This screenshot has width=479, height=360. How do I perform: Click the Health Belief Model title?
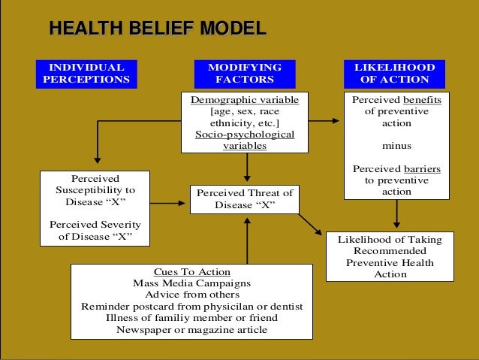coord(157,29)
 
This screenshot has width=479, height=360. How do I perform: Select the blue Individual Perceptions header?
coord(86,73)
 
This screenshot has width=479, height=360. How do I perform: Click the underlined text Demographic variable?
coord(245,100)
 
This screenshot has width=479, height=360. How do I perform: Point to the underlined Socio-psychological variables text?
coord(245,140)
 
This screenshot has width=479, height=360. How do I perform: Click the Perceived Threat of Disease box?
coord(245,199)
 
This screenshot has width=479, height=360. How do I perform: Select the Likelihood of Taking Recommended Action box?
coord(390,257)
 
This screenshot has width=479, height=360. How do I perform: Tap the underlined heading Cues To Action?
coord(191,271)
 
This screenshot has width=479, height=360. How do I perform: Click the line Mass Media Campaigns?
coord(191,283)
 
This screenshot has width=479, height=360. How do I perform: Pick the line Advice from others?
coord(191,295)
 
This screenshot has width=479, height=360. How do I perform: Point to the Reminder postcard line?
coord(191,307)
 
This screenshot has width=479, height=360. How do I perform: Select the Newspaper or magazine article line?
coord(191,329)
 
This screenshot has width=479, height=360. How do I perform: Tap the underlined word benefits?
coord(421,100)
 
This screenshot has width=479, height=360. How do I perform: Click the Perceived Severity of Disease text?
coord(95,231)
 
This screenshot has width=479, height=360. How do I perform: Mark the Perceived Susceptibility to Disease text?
coord(94,190)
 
